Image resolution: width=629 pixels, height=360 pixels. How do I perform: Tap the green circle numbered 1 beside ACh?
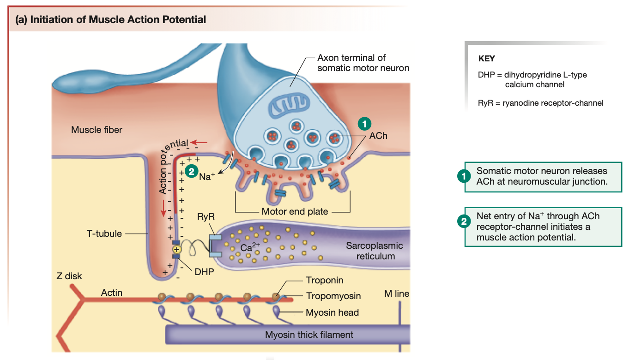coord(364,124)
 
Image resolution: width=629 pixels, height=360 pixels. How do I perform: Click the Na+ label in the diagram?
coord(207,176)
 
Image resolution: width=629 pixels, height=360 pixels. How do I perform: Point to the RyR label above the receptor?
coord(206,216)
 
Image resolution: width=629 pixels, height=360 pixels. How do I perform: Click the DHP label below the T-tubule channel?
coord(204,272)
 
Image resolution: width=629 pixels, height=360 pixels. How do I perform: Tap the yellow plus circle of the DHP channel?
coord(176,249)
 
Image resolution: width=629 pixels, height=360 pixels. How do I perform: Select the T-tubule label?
coord(104,234)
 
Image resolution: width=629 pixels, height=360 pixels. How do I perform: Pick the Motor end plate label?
coord(295,212)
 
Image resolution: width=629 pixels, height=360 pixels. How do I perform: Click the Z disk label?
coord(69,276)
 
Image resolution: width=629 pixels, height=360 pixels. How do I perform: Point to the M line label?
coord(396,294)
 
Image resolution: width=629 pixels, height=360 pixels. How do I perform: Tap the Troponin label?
coord(325,280)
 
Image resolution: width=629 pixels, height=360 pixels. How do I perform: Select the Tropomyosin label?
coord(333,296)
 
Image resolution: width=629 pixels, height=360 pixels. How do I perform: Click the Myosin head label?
coord(332,312)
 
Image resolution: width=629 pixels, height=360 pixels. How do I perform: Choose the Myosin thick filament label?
coord(309,335)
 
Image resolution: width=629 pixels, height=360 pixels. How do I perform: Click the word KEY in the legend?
coord(486,59)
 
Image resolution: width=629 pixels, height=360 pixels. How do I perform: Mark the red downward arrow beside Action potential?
coord(163,209)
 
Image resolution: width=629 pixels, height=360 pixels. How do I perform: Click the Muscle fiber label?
coord(97,130)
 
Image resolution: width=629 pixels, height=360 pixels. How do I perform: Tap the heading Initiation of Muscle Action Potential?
coord(111,20)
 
